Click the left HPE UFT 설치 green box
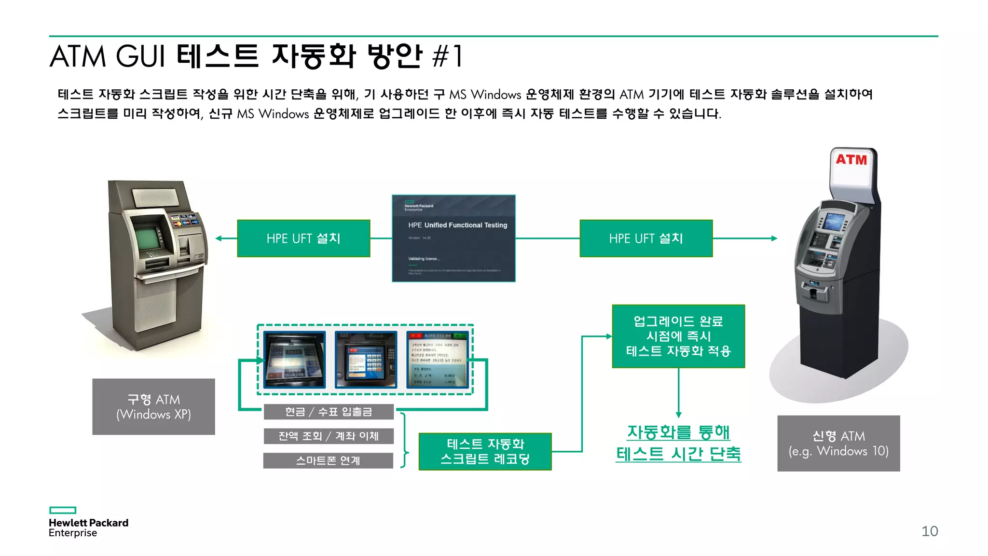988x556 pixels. pos(303,238)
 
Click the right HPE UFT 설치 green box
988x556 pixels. pos(646,238)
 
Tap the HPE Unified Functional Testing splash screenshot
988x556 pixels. pos(453,238)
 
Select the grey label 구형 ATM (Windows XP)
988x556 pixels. pos(153,406)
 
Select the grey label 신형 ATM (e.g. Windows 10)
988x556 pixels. pos(838,443)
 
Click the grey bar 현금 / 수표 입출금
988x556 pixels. pos(329,412)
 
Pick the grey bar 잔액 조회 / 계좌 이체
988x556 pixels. pos(329,436)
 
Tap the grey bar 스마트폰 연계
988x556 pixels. pos(328,460)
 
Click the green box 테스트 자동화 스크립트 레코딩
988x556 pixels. pos(485,451)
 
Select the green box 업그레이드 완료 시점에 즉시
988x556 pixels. pos(678,336)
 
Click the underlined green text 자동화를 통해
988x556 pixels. pos(678,432)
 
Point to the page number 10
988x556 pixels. pos(930,531)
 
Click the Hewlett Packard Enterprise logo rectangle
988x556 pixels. pos(63,510)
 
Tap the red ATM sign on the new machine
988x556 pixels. pos(851,159)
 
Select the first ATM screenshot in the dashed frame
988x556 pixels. pos(294,360)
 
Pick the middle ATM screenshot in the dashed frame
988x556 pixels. pos(366,360)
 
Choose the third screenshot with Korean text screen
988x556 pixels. pos(437,360)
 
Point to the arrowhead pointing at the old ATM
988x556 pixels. pos(219,238)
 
